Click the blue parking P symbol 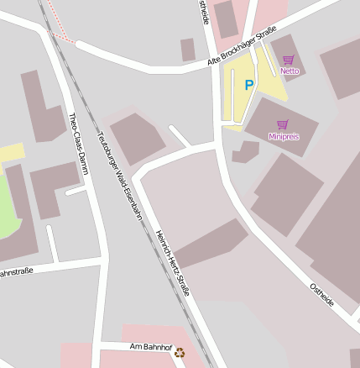point(248,85)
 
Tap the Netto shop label point(290,71)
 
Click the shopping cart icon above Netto point(289,60)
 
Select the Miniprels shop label point(284,136)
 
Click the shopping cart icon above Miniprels point(284,124)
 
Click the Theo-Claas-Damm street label point(78,144)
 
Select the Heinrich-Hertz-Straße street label point(172,262)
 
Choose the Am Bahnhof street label point(150,346)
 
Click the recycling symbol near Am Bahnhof point(180,353)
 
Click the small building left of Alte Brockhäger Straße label point(188,50)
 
